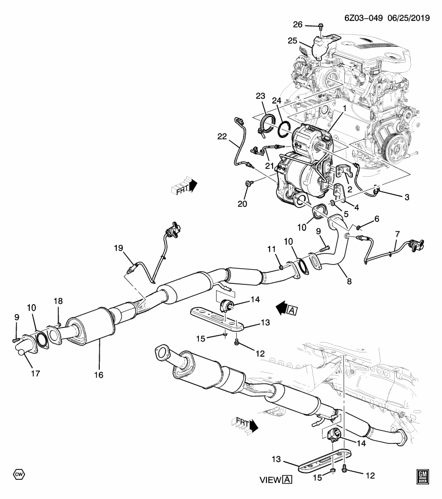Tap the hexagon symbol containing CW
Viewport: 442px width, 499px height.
[x=19, y=475]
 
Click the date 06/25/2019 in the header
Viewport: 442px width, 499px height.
[x=408, y=18]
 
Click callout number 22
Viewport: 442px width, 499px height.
[x=222, y=136]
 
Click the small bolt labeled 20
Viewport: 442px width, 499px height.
[x=250, y=183]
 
